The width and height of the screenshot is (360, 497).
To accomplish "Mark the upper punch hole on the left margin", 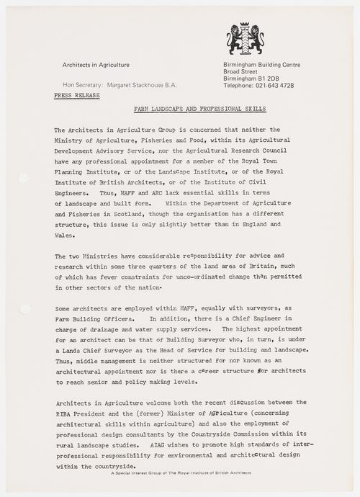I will (x=23, y=177).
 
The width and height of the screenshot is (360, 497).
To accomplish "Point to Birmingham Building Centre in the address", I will (x=262, y=65).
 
